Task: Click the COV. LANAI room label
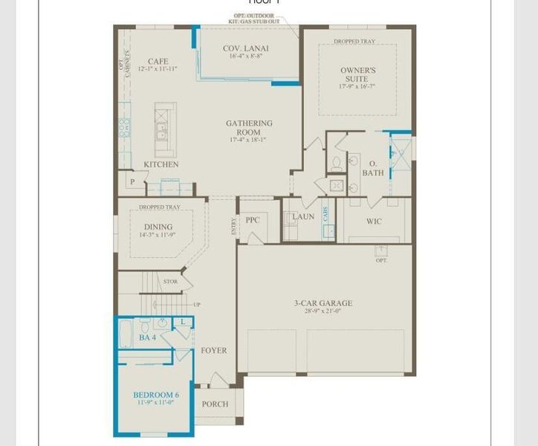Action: point(246,48)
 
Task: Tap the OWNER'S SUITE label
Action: point(357,74)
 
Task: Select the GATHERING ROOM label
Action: point(249,128)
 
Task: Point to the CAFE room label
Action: point(158,62)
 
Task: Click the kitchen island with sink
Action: point(163,132)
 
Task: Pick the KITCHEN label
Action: point(161,164)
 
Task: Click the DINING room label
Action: point(158,227)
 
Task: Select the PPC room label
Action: point(253,220)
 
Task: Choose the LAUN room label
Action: point(303,217)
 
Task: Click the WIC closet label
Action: point(374,222)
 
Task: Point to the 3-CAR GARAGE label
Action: point(323,303)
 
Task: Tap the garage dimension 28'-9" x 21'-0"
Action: point(323,312)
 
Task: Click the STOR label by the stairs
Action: point(170,282)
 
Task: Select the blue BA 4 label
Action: point(147,338)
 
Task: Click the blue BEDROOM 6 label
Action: point(156,394)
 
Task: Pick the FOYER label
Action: point(214,350)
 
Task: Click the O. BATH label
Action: point(373,168)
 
